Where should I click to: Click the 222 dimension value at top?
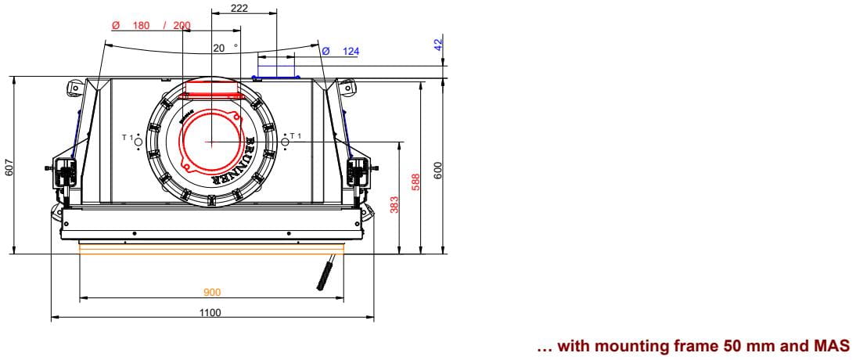tap(239, 8)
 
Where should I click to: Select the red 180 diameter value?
tap(141, 26)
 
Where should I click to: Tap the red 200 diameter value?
tap(182, 26)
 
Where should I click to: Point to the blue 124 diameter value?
tap(351, 52)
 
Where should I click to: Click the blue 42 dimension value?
tap(438, 45)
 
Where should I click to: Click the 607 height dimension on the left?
tap(9, 167)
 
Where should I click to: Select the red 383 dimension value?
tap(395, 204)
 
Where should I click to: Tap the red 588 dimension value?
tap(416, 182)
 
